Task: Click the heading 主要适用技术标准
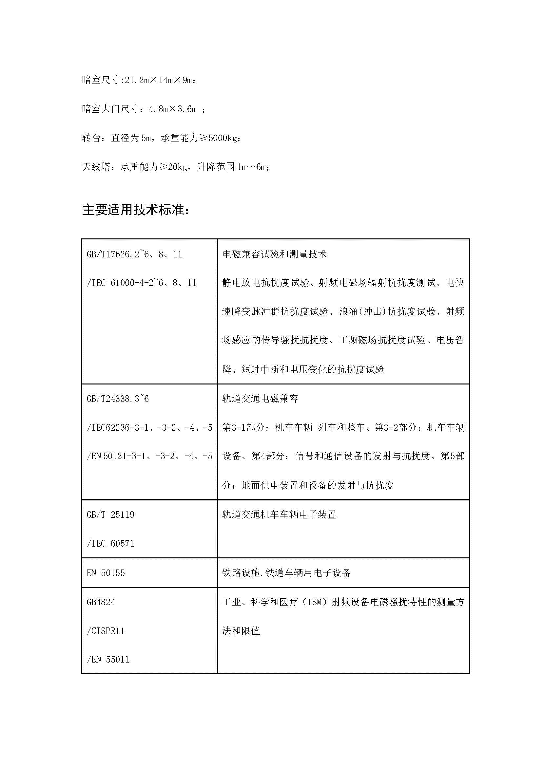coord(136,210)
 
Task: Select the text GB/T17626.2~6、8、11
coord(134,254)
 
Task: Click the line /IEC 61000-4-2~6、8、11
coord(141,283)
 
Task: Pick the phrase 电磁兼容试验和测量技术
coord(275,254)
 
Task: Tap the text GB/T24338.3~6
coord(118,399)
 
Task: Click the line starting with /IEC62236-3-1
coord(149,428)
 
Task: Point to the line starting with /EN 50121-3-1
coord(149,456)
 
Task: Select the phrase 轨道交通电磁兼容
coord(260,399)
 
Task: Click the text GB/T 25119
coord(110,515)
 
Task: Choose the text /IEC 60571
coord(110,544)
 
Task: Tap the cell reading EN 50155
coord(106,573)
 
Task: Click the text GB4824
coord(101,602)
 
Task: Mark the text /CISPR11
coord(106,631)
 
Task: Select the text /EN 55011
coord(108,660)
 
